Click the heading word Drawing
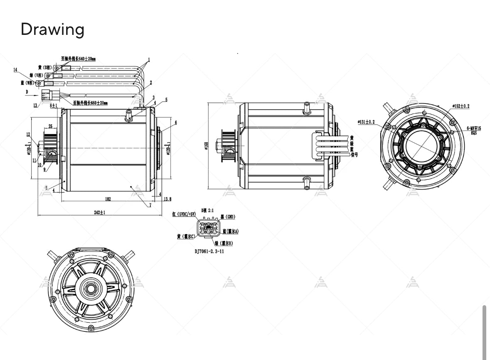tap(52, 29)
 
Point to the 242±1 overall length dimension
tap(99, 212)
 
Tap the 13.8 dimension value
tap(167, 199)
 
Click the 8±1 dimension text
tap(53, 106)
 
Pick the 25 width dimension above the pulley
tap(50, 126)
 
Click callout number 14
tap(15, 70)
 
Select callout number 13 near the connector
tap(35, 105)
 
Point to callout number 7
tap(150, 205)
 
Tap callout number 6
tap(176, 122)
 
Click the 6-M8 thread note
tap(473, 128)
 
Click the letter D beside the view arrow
tap(27, 91)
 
